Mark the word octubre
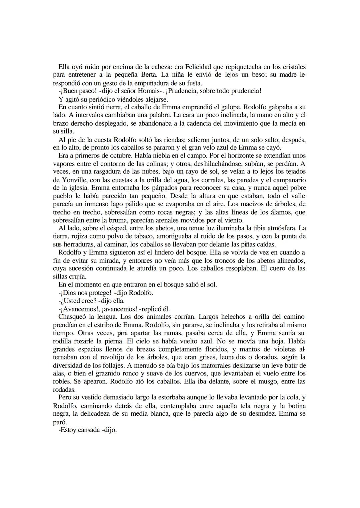click(116, 156)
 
